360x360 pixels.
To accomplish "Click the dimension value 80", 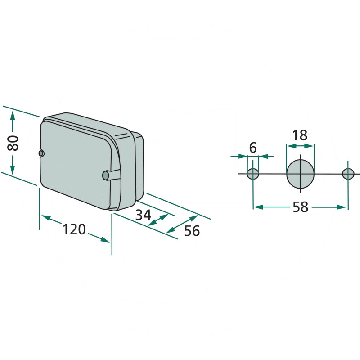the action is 13,143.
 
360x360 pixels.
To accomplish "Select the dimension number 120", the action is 74,229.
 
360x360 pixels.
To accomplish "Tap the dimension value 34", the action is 144,215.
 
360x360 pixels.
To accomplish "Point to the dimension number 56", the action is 192,231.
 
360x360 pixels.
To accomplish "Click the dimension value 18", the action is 300,135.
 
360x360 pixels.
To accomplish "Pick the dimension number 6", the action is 253,148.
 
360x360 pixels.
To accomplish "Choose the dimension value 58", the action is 300,207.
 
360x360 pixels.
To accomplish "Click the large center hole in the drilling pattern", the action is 300,174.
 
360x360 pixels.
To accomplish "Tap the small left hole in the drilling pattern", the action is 253,174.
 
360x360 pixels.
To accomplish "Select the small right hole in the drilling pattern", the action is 348,174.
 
